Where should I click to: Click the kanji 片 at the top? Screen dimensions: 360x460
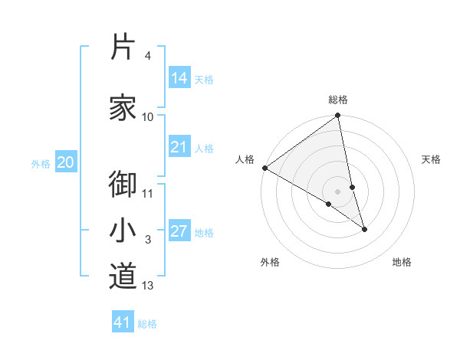tap(123, 47)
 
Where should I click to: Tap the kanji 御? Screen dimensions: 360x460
tap(123, 184)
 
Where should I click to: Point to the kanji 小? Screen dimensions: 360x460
tap(123, 231)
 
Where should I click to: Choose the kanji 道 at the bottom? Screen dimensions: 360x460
tap(123, 276)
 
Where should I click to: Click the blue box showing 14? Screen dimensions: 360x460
tap(179, 78)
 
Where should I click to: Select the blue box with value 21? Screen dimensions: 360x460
tap(179, 147)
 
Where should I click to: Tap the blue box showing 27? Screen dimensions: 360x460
tap(179, 231)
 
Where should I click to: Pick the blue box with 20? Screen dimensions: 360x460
tap(66, 162)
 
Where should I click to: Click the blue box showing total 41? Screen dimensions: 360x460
tap(123, 322)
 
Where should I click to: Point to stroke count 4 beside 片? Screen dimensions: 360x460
tap(148, 57)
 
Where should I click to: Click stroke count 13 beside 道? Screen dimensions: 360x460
tap(148, 286)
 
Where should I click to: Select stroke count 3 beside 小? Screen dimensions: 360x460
tap(148, 241)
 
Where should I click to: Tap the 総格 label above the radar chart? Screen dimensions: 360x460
tap(338, 100)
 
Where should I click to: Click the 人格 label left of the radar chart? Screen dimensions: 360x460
tap(245, 159)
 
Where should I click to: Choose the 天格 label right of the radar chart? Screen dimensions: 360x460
tap(431, 159)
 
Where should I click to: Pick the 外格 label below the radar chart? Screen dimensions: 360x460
tap(270, 262)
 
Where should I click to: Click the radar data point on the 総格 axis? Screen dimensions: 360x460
tap(338, 116)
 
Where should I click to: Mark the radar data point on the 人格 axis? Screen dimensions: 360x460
tap(264, 168)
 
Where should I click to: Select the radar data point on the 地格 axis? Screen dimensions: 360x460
tap(364, 229)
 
